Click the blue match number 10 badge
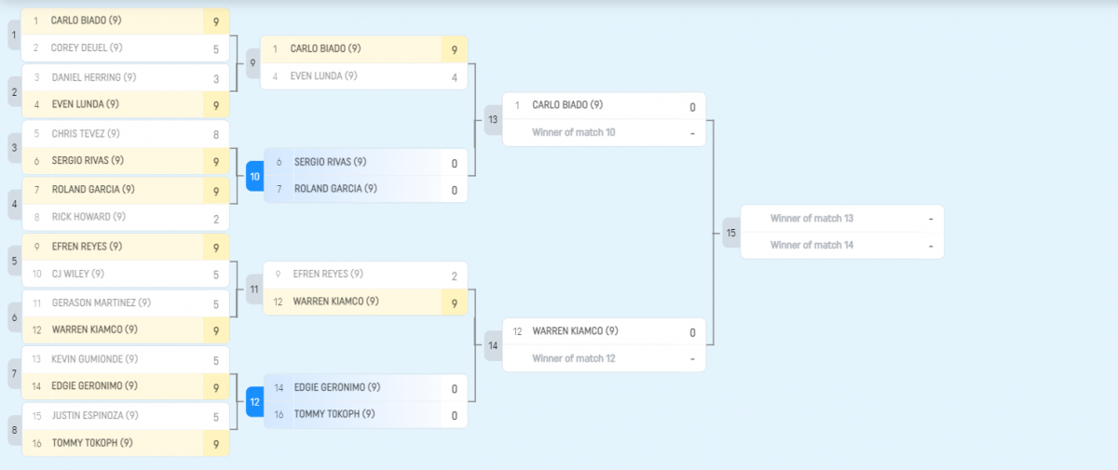(x=254, y=175)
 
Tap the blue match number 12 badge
(x=254, y=401)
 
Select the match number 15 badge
(x=731, y=232)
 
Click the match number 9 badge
(x=252, y=62)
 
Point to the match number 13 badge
(x=493, y=119)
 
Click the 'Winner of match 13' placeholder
(x=811, y=219)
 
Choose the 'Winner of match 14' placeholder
(x=811, y=246)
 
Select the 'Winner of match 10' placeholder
(x=573, y=133)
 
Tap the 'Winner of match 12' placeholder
(x=573, y=359)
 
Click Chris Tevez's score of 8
(x=216, y=134)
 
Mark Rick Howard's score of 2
(x=216, y=218)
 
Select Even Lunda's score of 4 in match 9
(x=455, y=77)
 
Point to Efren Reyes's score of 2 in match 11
(x=455, y=275)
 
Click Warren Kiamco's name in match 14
(x=575, y=331)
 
